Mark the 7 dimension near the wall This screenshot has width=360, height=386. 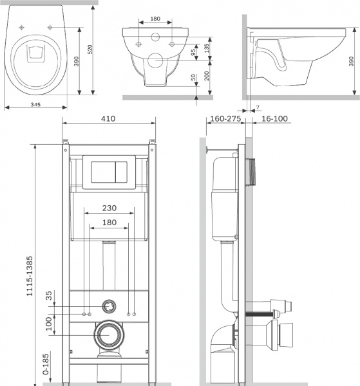tap(257, 106)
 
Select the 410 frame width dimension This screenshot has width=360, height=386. tap(109, 118)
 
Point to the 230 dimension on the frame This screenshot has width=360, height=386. tap(109, 208)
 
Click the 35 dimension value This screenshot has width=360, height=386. tap(49, 297)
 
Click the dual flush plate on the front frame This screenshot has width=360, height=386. tap(109, 171)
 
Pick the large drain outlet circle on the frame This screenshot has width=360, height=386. tap(109, 334)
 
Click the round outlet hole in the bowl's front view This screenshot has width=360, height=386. tap(156, 61)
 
